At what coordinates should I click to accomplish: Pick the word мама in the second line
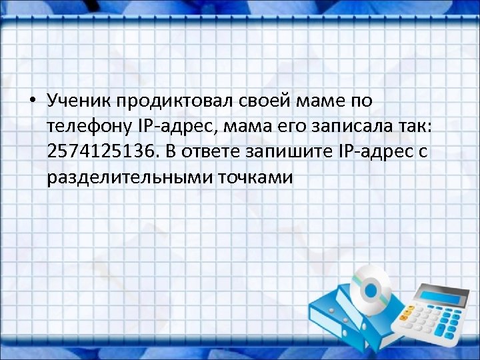[x=251, y=127]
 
